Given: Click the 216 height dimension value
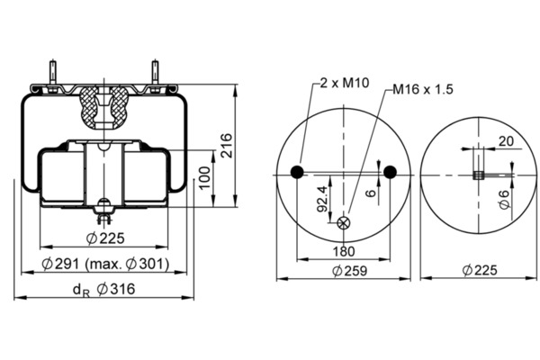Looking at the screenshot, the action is tap(227, 146).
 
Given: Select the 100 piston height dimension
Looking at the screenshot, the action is tap(205, 177).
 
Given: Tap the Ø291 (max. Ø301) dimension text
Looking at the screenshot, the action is tap(105, 264).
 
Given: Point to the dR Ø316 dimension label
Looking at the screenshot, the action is tap(104, 290).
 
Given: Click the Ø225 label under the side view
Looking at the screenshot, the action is tap(105, 238).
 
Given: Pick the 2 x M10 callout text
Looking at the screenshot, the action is tap(345, 83).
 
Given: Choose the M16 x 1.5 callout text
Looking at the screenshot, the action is tap(423, 89).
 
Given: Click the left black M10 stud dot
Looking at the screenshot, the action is tap(297, 172).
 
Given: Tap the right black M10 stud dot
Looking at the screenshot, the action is tap(390, 172).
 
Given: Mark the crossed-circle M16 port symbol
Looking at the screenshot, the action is tap(343, 223).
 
